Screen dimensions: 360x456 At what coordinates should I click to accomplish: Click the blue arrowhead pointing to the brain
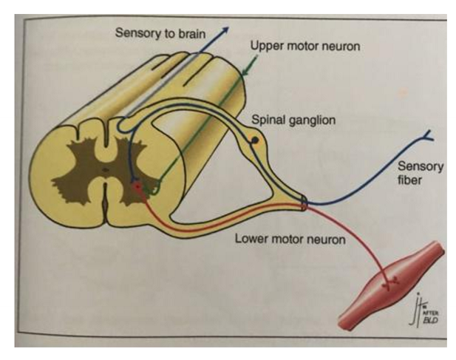(226, 27)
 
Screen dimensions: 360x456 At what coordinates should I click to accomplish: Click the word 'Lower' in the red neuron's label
(251, 239)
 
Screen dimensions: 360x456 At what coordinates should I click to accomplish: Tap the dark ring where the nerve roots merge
(306, 203)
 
